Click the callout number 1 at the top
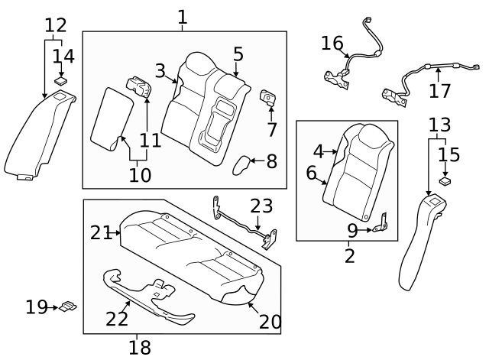point(182,16)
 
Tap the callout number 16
point(332,43)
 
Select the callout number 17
point(439,92)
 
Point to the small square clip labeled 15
point(445,182)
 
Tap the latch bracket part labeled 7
point(270,96)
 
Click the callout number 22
point(117,318)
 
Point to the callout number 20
point(270,322)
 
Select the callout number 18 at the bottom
point(139,347)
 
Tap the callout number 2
point(349,255)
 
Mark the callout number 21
point(101,232)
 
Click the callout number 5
point(238,54)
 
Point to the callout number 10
point(139,175)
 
